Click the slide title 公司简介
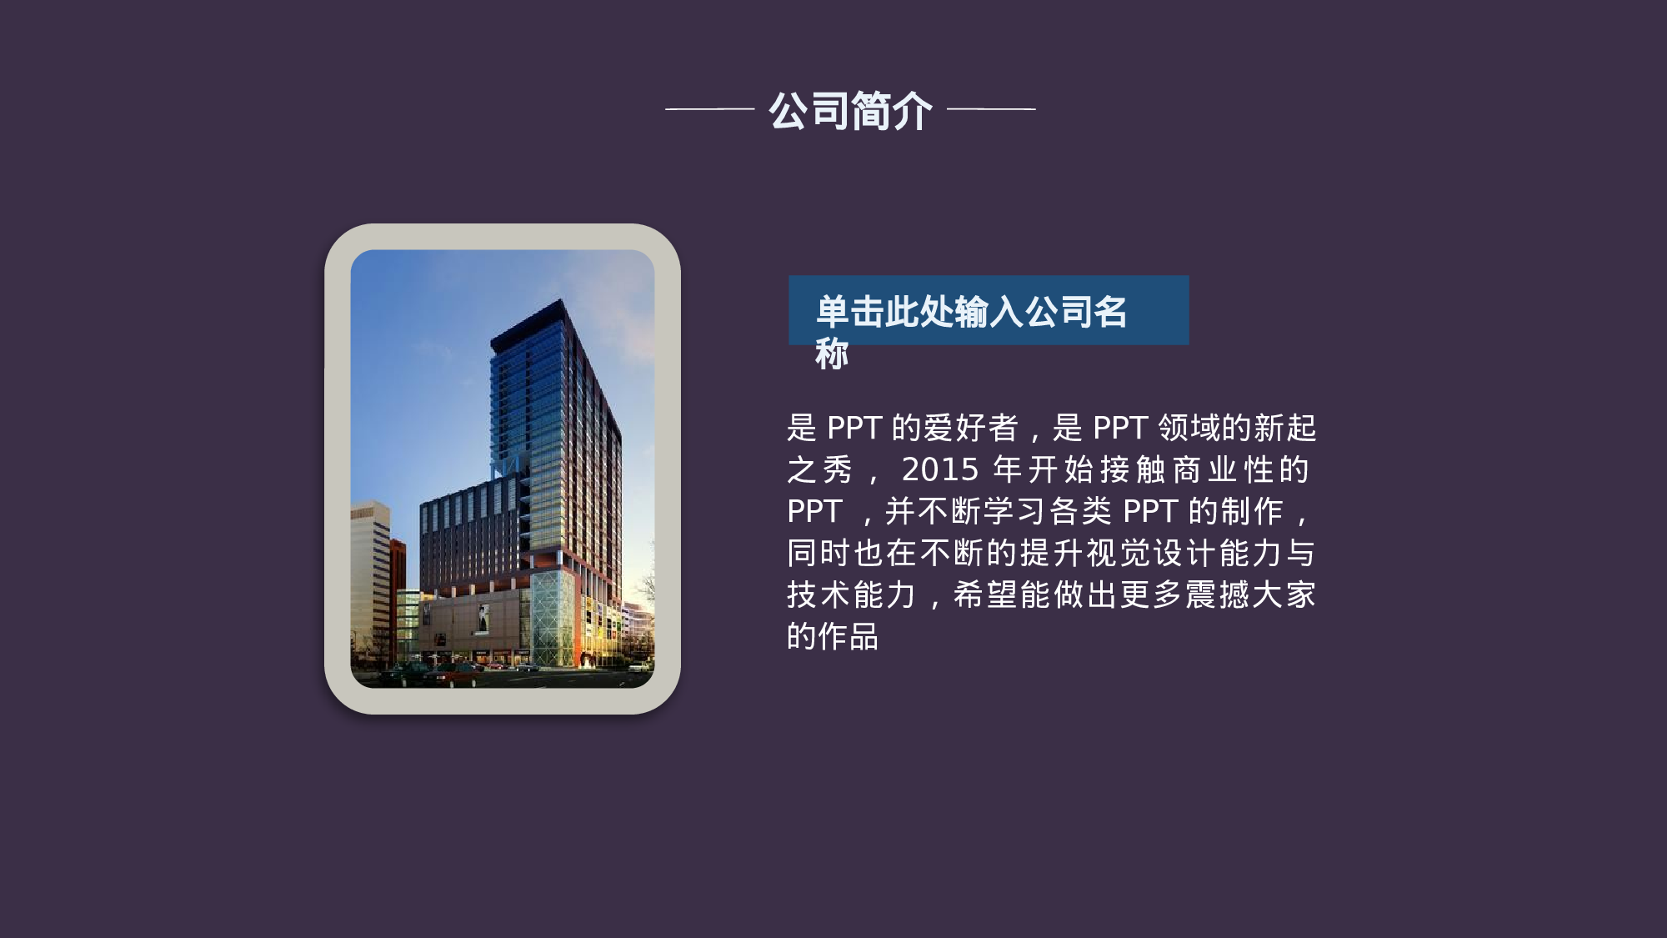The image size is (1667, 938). coord(850,111)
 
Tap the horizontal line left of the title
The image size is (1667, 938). coord(709,108)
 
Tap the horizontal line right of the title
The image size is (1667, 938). coord(991,108)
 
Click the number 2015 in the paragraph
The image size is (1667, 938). coord(940,469)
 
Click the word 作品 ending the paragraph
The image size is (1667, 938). coord(849,636)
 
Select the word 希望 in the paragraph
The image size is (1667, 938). coord(985,594)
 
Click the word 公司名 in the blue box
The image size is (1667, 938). coord(1076,311)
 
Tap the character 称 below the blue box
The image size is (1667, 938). coord(832,354)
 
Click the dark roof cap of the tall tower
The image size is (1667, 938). coord(530,320)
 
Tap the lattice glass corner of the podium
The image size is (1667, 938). coord(552,617)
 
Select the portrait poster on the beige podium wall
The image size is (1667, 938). coord(483,618)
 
